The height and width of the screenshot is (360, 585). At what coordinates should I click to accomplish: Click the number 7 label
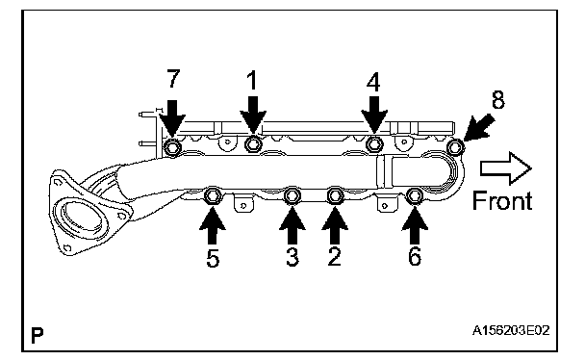tap(173, 78)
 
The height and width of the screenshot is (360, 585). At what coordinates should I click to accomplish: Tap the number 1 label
tap(253, 81)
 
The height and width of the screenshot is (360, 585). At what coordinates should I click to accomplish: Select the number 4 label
tap(373, 82)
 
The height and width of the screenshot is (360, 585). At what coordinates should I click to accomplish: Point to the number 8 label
tap(498, 99)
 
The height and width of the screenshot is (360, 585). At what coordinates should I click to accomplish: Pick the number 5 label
tap(213, 258)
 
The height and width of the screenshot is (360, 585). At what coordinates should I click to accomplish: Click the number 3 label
tap(292, 257)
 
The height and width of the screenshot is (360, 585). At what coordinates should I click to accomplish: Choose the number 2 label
tap(334, 256)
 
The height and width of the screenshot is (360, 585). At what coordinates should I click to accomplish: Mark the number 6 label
tap(415, 256)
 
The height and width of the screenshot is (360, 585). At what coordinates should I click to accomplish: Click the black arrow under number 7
tap(172, 117)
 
